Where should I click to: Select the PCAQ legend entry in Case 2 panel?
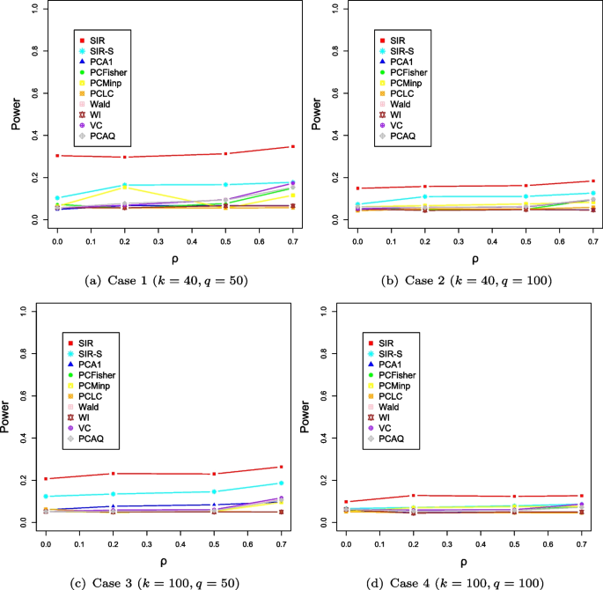click(401, 135)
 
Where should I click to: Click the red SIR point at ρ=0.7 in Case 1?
click(292, 146)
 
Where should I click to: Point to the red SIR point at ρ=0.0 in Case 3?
click(46, 478)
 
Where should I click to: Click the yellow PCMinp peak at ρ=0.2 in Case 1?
click(124, 188)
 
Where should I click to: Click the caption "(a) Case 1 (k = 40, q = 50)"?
click(158, 280)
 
